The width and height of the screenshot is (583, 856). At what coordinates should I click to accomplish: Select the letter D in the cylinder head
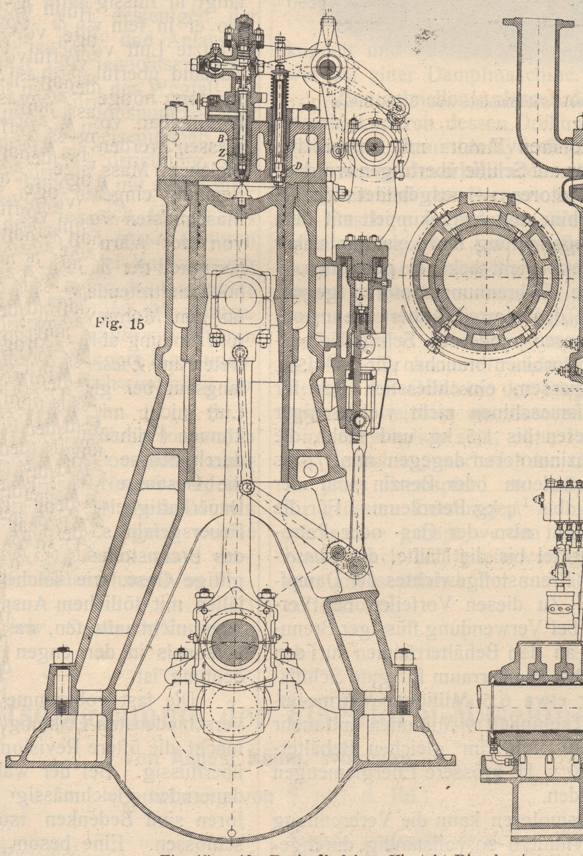point(299,166)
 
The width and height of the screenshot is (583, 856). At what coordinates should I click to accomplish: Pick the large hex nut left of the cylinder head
point(176,111)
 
